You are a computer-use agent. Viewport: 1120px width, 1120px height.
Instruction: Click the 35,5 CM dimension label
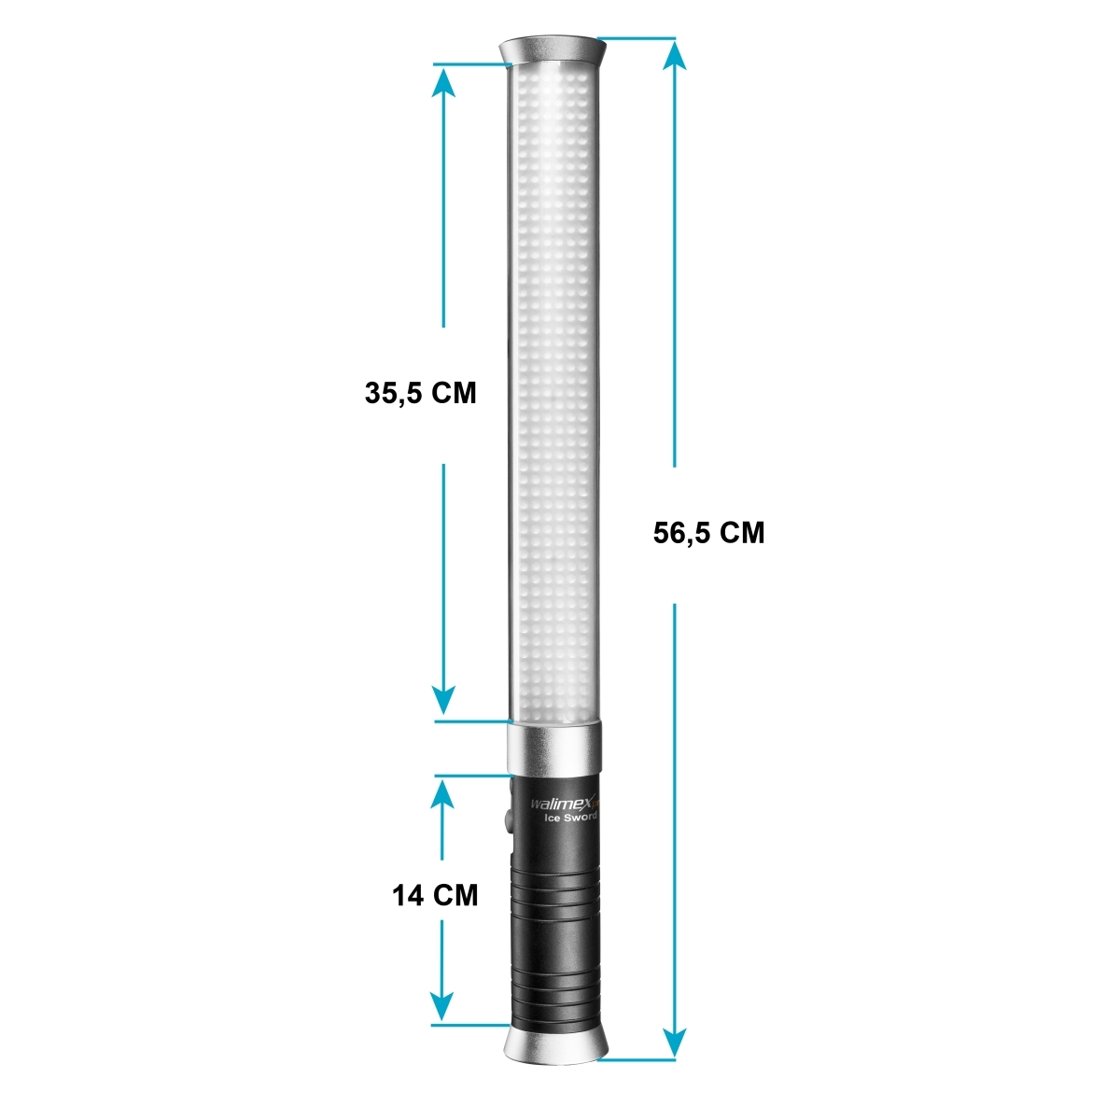tap(420, 393)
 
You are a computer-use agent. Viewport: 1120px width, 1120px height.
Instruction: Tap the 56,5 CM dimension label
tap(708, 533)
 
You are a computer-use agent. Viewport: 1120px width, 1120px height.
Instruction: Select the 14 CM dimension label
tap(435, 896)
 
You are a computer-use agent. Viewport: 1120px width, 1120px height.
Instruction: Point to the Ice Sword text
tap(570, 818)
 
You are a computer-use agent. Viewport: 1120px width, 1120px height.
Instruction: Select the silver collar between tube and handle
tap(554, 747)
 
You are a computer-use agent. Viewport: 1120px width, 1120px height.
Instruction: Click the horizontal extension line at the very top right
tap(635, 39)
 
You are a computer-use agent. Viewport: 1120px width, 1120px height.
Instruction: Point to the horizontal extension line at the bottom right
tap(639, 1059)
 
